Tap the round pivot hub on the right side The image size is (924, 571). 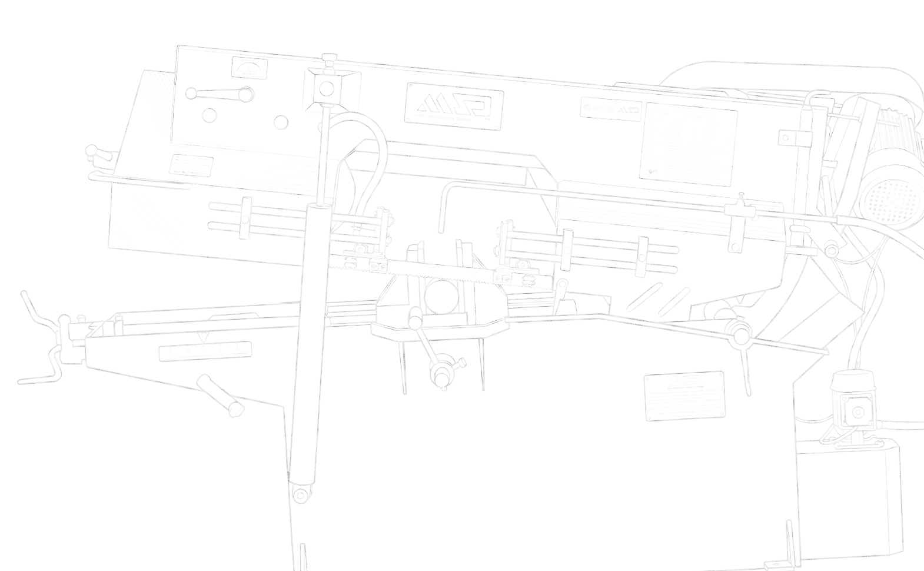click(x=738, y=333)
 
